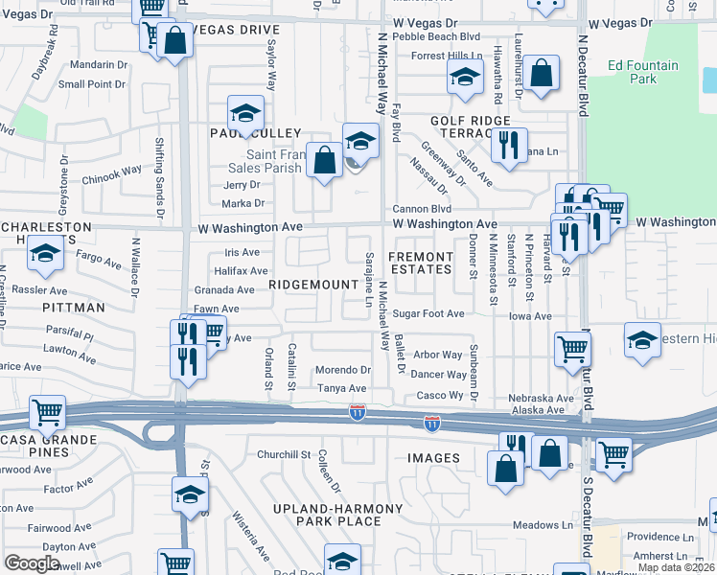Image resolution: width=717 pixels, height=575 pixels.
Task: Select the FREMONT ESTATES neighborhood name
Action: (x=420, y=264)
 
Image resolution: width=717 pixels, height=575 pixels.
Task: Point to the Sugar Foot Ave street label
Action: (x=428, y=314)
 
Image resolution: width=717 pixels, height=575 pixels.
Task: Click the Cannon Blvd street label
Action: (x=422, y=209)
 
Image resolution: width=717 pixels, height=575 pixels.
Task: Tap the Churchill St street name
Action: (x=284, y=454)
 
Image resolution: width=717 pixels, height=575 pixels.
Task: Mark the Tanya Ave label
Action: (x=342, y=388)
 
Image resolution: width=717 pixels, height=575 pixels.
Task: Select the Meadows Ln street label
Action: (x=542, y=525)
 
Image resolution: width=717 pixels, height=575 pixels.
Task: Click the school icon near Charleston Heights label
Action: (x=45, y=254)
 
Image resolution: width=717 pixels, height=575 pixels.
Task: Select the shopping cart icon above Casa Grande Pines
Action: (x=47, y=412)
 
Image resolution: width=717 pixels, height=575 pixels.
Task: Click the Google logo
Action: (x=32, y=563)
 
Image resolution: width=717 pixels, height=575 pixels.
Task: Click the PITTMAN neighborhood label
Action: (x=74, y=308)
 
